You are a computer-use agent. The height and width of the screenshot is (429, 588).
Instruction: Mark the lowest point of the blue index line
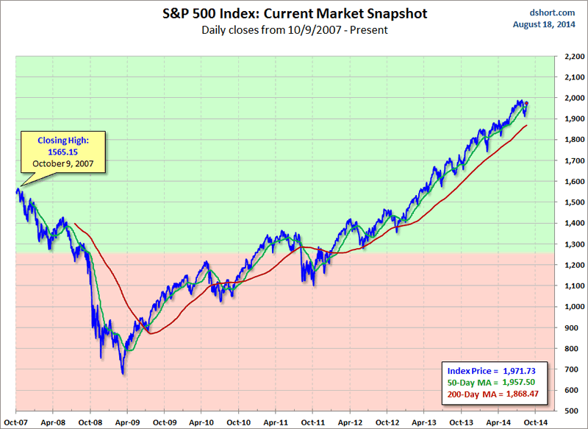(123, 374)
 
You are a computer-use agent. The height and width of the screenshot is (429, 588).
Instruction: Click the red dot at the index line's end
(526, 103)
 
